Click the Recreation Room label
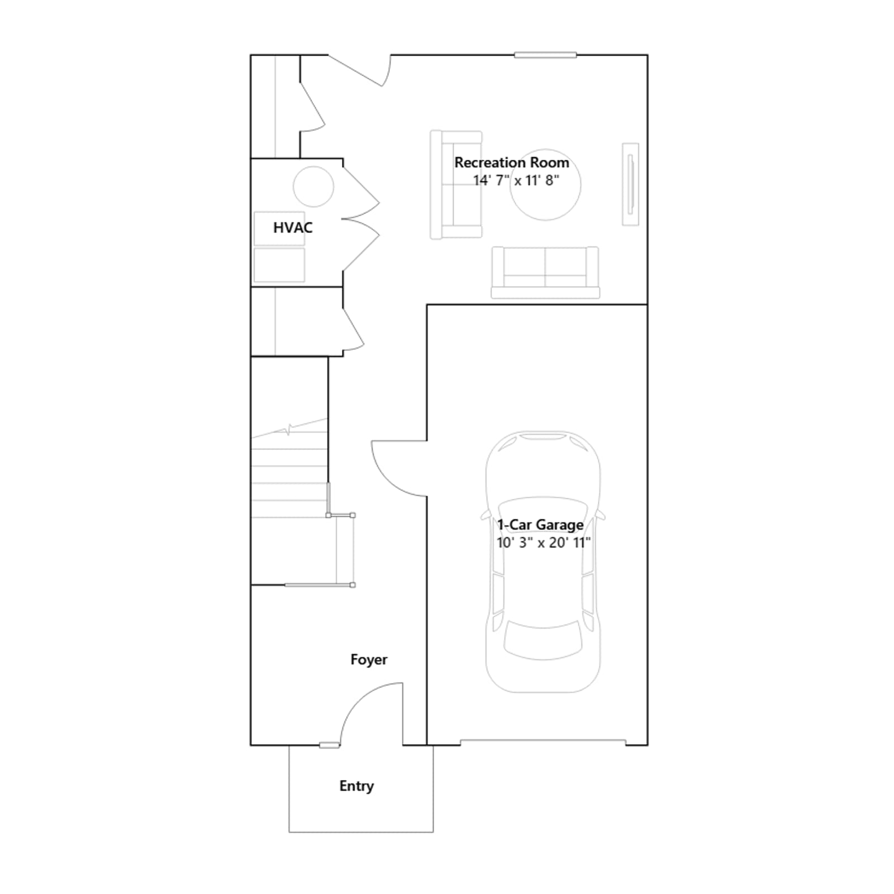(511, 163)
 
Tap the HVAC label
(293, 227)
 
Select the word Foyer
(369, 659)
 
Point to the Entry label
(356, 786)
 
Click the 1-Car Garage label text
(540, 525)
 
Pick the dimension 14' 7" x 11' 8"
(516, 180)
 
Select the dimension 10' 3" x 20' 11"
(544, 543)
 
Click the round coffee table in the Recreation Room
(545, 184)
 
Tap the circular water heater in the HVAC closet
(313, 187)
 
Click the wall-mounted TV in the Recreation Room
(631, 184)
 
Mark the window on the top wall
(545, 55)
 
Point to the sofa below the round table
(545, 273)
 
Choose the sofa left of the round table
(456, 185)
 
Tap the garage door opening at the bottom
(543, 742)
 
